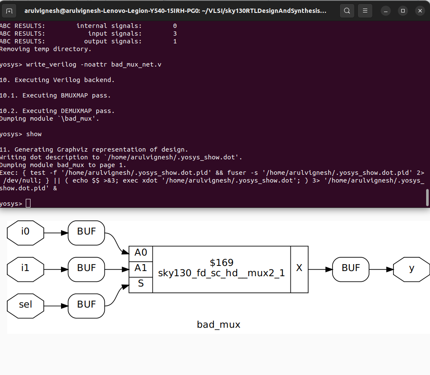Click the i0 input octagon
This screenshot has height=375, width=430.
pos(25,232)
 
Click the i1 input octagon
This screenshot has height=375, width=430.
pos(25,269)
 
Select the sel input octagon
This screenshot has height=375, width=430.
pos(25,305)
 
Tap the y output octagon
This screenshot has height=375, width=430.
pos(411,269)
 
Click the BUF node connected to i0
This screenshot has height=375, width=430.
pos(86,232)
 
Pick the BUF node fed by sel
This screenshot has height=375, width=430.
pos(86,305)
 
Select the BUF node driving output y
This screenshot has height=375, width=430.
pos(351,269)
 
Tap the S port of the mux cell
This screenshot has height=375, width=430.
pos(140,284)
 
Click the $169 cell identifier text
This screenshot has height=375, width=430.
pos(221,262)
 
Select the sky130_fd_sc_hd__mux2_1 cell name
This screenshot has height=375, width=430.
pos(221,274)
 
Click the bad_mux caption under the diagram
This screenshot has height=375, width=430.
pos(219,325)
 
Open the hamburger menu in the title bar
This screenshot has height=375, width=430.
pos(365,10)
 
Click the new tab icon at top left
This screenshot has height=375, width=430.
pos(9,10)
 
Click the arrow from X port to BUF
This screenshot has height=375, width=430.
pos(320,269)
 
